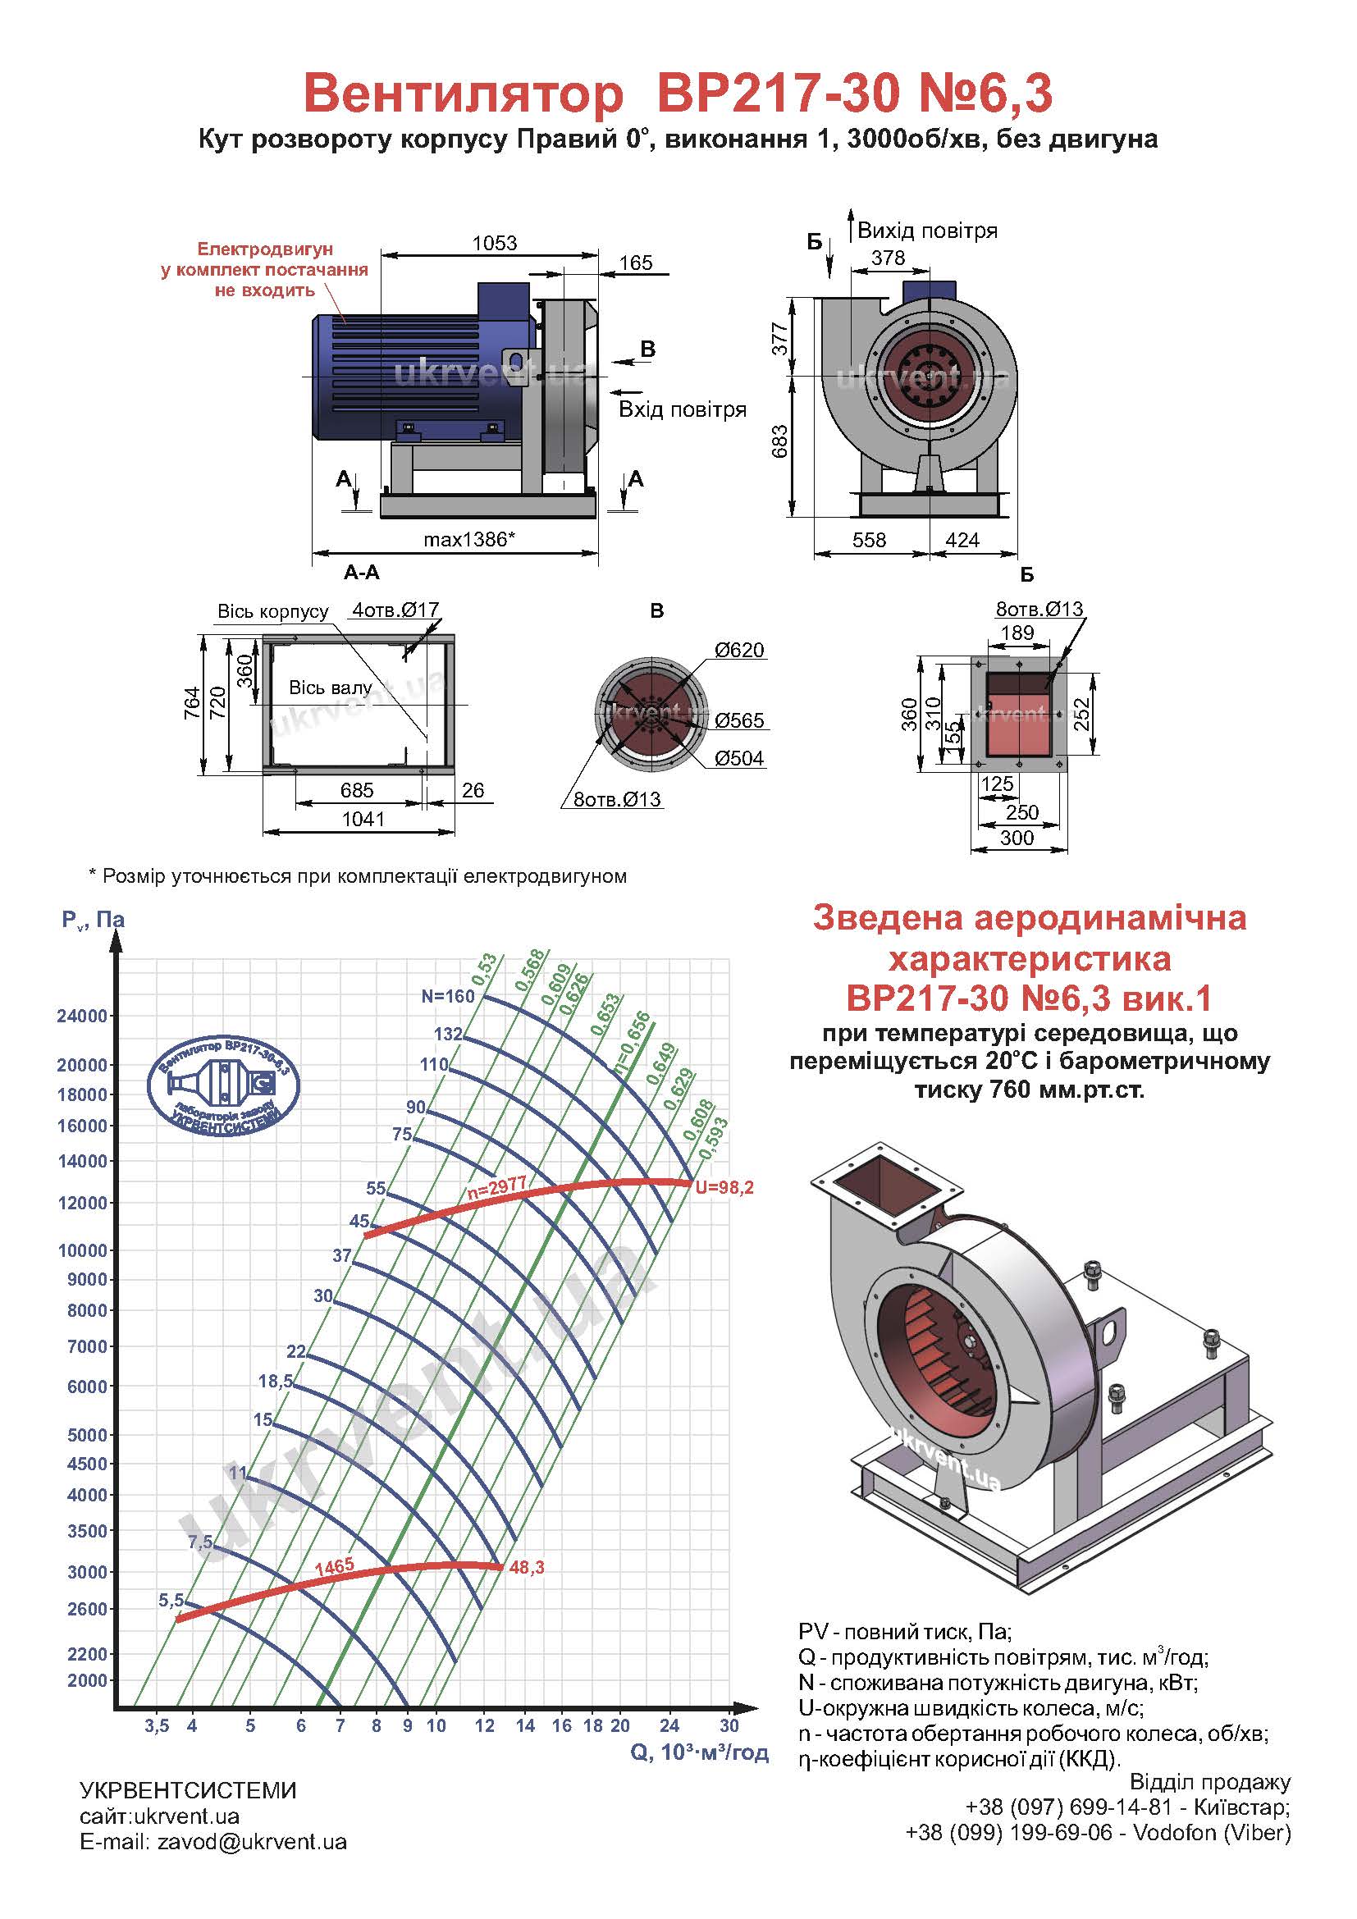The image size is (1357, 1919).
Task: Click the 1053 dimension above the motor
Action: point(494,243)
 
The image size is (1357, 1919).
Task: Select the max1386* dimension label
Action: point(468,540)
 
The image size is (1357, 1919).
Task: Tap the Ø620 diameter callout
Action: point(738,651)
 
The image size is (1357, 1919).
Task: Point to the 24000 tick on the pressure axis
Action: point(82,1017)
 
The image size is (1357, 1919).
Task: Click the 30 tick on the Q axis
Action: point(729,1726)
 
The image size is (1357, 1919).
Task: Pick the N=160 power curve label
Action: point(448,996)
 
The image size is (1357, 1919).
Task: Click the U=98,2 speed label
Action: point(724,1188)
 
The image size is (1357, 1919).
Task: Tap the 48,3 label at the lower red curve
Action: point(527,1568)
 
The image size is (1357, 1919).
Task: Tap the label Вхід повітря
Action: point(682,409)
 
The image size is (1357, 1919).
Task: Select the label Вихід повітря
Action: point(928,231)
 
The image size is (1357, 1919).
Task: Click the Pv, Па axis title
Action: point(93,921)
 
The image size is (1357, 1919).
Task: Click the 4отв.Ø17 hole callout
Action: point(395,610)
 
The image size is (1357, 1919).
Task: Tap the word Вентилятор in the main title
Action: point(463,94)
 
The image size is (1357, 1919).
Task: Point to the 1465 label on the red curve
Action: point(334,1566)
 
